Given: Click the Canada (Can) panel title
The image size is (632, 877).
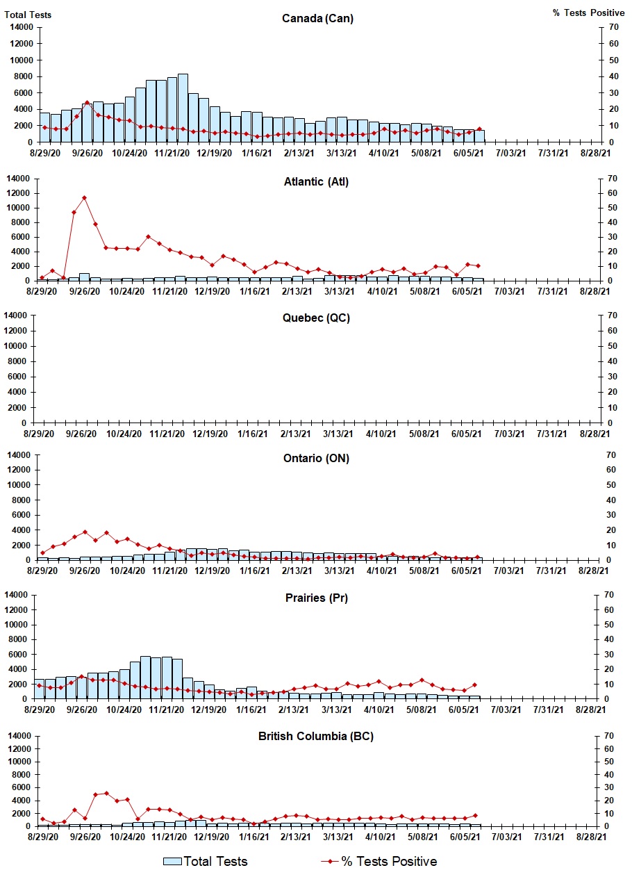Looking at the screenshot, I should pyautogui.click(x=317, y=18).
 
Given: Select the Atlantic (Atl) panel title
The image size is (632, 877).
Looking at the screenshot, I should pyautogui.click(x=316, y=182).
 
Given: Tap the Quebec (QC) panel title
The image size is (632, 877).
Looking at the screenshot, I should pyautogui.click(x=316, y=318).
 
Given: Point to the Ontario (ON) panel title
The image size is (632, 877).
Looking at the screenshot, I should pyautogui.click(x=316, y=459).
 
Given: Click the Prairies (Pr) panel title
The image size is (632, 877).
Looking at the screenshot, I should pyautogui.click(x=316, y=598).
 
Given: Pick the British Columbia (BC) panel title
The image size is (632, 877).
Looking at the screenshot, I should pyautogui.click(x=316, y=736).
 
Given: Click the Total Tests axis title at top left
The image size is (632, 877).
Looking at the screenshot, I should pyautogui.click(x=28, y=15).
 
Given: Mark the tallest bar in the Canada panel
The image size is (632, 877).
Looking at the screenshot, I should pyautogui.click(x=183, y=108).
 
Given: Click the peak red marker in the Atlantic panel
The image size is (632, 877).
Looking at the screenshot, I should pyautogui.click(x=85, y=197).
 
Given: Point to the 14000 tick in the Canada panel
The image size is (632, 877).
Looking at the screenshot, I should pyautogui.click(x=21, y=27).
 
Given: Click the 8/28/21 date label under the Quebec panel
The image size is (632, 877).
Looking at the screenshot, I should pyautogui.click(x=594, y=434).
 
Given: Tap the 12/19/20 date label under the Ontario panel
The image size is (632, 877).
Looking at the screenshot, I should pyautogui.click(x=212, y=571).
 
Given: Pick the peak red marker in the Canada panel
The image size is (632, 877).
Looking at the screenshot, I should pyautogui.click(x=87, y=103).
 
